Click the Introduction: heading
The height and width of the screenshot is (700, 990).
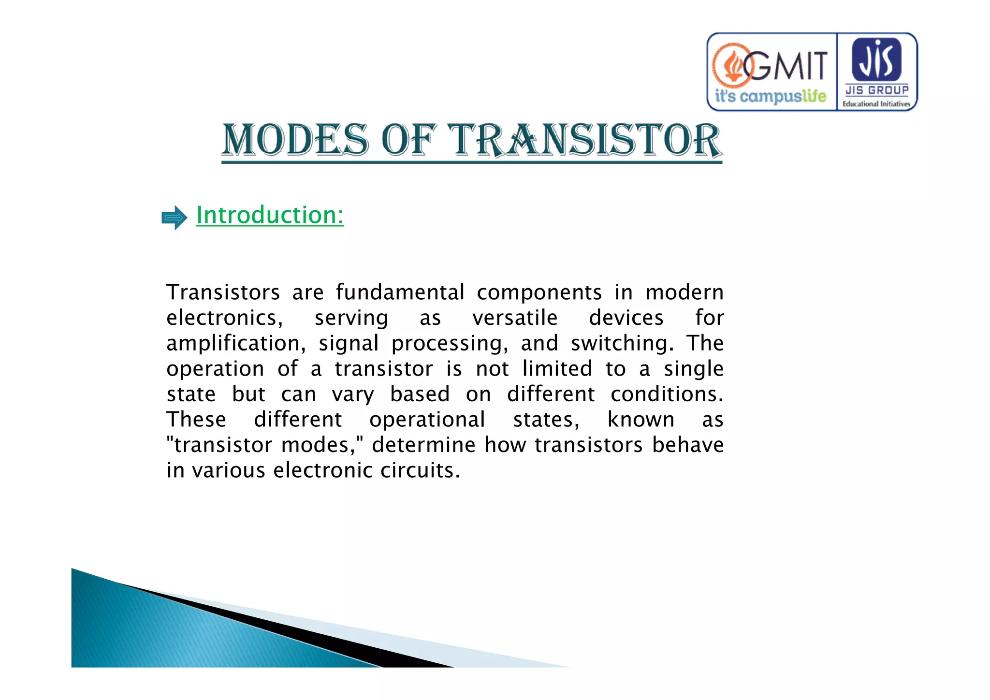tap(270, 215)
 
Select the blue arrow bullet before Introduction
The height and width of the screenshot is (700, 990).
tap(174, 218)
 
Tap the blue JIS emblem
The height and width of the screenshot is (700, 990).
tap(876, 59)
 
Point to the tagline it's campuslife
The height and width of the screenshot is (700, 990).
tap(771, 96)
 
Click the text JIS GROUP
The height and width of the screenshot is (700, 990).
tap(876, 90)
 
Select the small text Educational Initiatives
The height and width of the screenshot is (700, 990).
tap(876, 104)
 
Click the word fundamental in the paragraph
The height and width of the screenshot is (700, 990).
tap(400, 292)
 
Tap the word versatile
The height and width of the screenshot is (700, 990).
tap(515, 318)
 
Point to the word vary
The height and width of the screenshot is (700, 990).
tap(353, 394)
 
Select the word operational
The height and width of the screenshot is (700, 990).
tap(427, 420)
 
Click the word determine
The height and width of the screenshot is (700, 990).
tap(423, 445)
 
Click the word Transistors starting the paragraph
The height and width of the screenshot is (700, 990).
tap(223, 292)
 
